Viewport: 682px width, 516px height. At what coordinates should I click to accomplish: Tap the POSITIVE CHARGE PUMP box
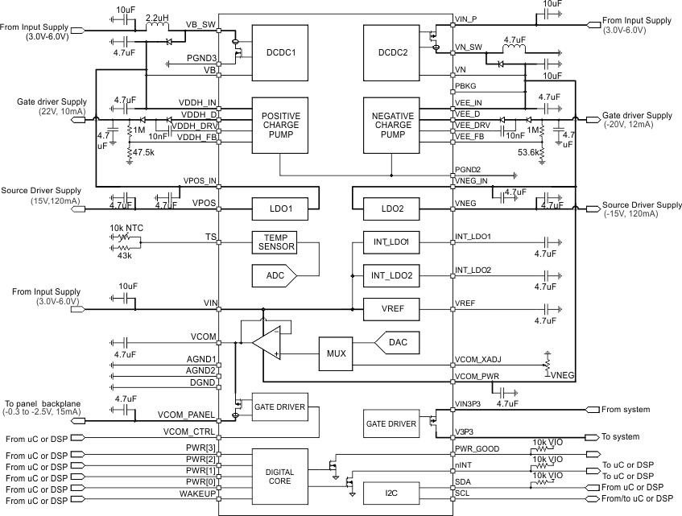(280, 125)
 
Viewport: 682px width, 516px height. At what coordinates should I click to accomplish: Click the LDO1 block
(280, 208)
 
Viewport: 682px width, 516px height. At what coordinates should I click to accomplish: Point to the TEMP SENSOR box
(275, 242)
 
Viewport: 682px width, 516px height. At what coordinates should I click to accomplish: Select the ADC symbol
(273, 276)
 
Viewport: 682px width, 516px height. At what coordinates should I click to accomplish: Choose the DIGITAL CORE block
(280, 470)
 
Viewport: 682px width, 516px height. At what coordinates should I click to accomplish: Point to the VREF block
(391, 308)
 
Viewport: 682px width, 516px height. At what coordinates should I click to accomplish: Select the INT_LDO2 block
(391, 275)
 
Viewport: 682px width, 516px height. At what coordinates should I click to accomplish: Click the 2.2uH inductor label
(156, 16)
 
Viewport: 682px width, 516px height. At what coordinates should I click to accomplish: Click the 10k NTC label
(126, 228)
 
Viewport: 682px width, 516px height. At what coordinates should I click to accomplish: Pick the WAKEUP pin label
(199, 493)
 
